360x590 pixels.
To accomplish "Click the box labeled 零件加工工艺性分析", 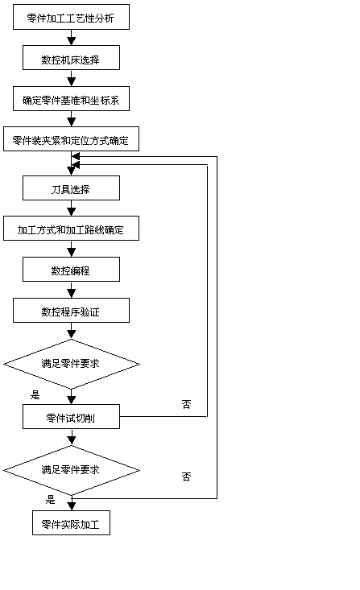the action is tap(71, 17).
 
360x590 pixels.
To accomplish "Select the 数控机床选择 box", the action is tap(71, 58).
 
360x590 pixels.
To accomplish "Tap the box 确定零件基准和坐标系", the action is tap(71, 98).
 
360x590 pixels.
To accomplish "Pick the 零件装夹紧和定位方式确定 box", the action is tap(71, 138).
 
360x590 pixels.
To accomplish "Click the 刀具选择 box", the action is tap(71, 188).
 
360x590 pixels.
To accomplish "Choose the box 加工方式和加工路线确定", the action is tap(71, 228).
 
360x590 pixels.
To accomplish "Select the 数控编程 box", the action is tap(71, 269).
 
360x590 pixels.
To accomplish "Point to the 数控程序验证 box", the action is tap(71, 310).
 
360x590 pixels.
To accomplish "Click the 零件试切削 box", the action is tap(71, 416).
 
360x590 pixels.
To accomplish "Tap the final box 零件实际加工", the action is tap(71, 522).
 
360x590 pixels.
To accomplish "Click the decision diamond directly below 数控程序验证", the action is tap(72, 364).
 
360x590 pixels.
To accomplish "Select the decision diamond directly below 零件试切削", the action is tap(72, 470).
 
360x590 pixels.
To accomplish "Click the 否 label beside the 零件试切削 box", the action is tap(186, 404).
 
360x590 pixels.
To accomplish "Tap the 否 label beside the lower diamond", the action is tap(186, 477).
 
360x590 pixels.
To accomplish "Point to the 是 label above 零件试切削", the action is tap(35, 394).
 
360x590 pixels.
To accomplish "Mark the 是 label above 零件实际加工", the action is tap(51, 500).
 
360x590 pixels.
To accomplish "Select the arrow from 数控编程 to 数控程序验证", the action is tap(71, 289).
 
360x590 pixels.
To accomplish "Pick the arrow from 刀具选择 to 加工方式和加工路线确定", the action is tap(71, 208).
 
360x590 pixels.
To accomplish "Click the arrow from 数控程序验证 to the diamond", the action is tap(71, 331).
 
